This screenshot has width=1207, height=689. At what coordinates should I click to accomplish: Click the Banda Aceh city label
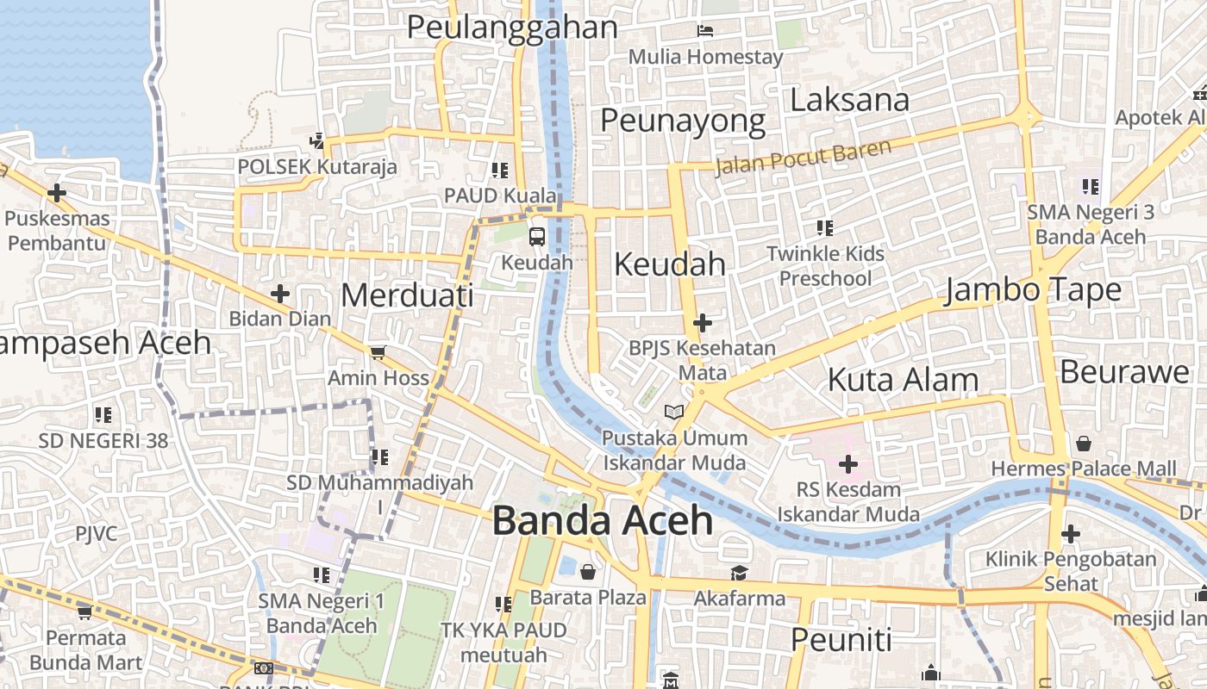(603, 521)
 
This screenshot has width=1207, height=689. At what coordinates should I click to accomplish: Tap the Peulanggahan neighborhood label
(512, 28)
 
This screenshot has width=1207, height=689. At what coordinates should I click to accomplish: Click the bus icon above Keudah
(537, 236)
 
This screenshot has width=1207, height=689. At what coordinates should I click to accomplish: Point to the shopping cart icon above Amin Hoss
(378, 352)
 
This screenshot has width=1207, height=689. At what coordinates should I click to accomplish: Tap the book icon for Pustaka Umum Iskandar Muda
(674, 413)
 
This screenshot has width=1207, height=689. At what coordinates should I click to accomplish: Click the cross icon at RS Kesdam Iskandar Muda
(848, 465)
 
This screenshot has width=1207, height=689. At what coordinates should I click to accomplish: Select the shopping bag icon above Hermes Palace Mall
(1083, 444)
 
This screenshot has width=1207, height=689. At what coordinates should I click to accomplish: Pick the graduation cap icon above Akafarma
(739, 573)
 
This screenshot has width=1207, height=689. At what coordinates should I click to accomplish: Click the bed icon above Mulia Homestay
(705, 31)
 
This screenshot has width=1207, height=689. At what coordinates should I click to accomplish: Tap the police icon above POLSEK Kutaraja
(317, 140)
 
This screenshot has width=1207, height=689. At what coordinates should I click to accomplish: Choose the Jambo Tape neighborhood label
(1033, 290)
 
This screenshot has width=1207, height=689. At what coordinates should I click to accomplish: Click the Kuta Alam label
(903, 380)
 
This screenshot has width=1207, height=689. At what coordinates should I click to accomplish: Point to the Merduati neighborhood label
(407, 295)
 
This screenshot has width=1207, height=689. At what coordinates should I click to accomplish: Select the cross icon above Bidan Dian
(280, 294)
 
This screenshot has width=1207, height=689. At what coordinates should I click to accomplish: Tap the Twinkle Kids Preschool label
(825, 266)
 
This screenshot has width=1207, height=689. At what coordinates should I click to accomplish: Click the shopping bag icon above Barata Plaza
(588, 572)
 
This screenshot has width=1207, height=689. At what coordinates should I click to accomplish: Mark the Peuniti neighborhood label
(841, 640)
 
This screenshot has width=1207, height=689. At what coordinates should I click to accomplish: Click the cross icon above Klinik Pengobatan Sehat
(1071, 534)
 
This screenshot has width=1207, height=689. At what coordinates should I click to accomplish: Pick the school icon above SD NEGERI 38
(103, 415)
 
